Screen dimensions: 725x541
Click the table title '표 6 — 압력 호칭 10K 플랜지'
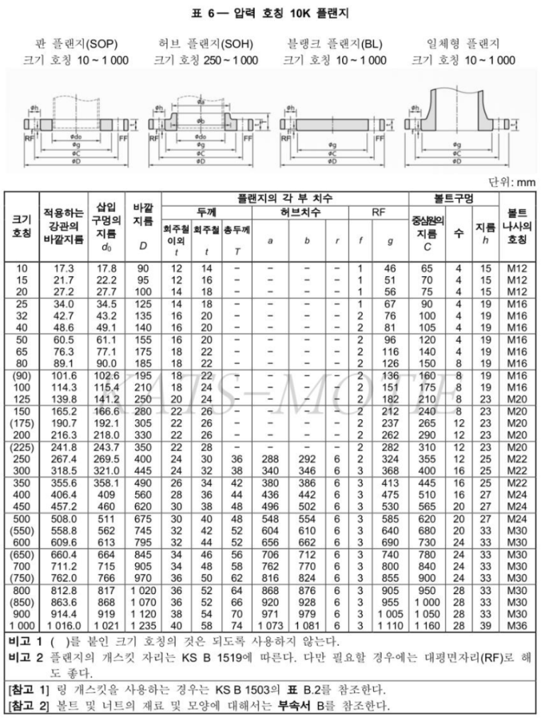click(270, 13)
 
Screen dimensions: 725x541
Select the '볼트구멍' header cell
click(452, 198)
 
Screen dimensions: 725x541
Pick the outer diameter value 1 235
click(142, 625)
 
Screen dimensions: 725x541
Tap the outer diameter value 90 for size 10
click(142, 268)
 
